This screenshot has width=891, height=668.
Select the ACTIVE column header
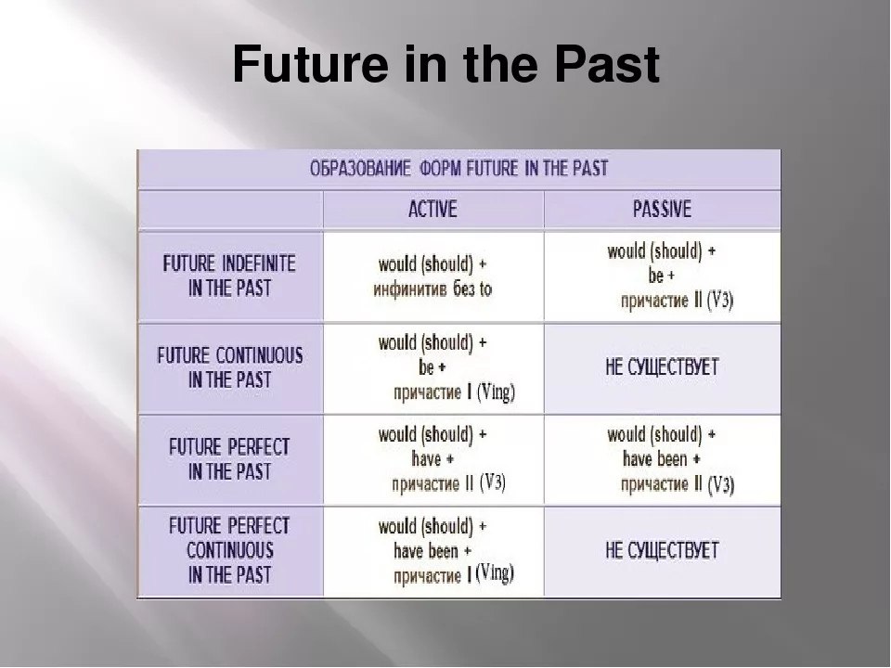(433, 209)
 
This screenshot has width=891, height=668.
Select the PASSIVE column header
(662, 209)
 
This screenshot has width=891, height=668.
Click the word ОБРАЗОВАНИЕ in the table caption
(360, 169)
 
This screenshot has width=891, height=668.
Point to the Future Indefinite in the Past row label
(229, 276)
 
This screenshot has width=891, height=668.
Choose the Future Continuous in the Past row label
(229, 367)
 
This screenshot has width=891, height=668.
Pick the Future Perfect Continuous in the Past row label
(229, 550)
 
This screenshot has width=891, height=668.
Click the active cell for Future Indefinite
(433, 276)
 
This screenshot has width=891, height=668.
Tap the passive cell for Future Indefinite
(662, 276)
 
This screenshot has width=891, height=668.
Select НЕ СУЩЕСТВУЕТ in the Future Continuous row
(662, 367)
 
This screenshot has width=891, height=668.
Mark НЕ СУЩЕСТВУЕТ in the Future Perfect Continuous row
(662, 550)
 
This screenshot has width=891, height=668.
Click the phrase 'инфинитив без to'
(433, 289)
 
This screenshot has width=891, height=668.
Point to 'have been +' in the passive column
(662, 458)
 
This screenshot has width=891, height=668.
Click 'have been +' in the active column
(433, 550)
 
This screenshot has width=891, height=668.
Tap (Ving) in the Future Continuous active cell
(496, 392)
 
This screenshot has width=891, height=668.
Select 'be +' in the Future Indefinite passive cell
(662, 276)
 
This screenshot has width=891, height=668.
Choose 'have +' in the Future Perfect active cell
(433, 458)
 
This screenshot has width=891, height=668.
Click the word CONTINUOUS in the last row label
(229, 550)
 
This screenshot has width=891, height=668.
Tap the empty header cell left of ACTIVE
(231, 210)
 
